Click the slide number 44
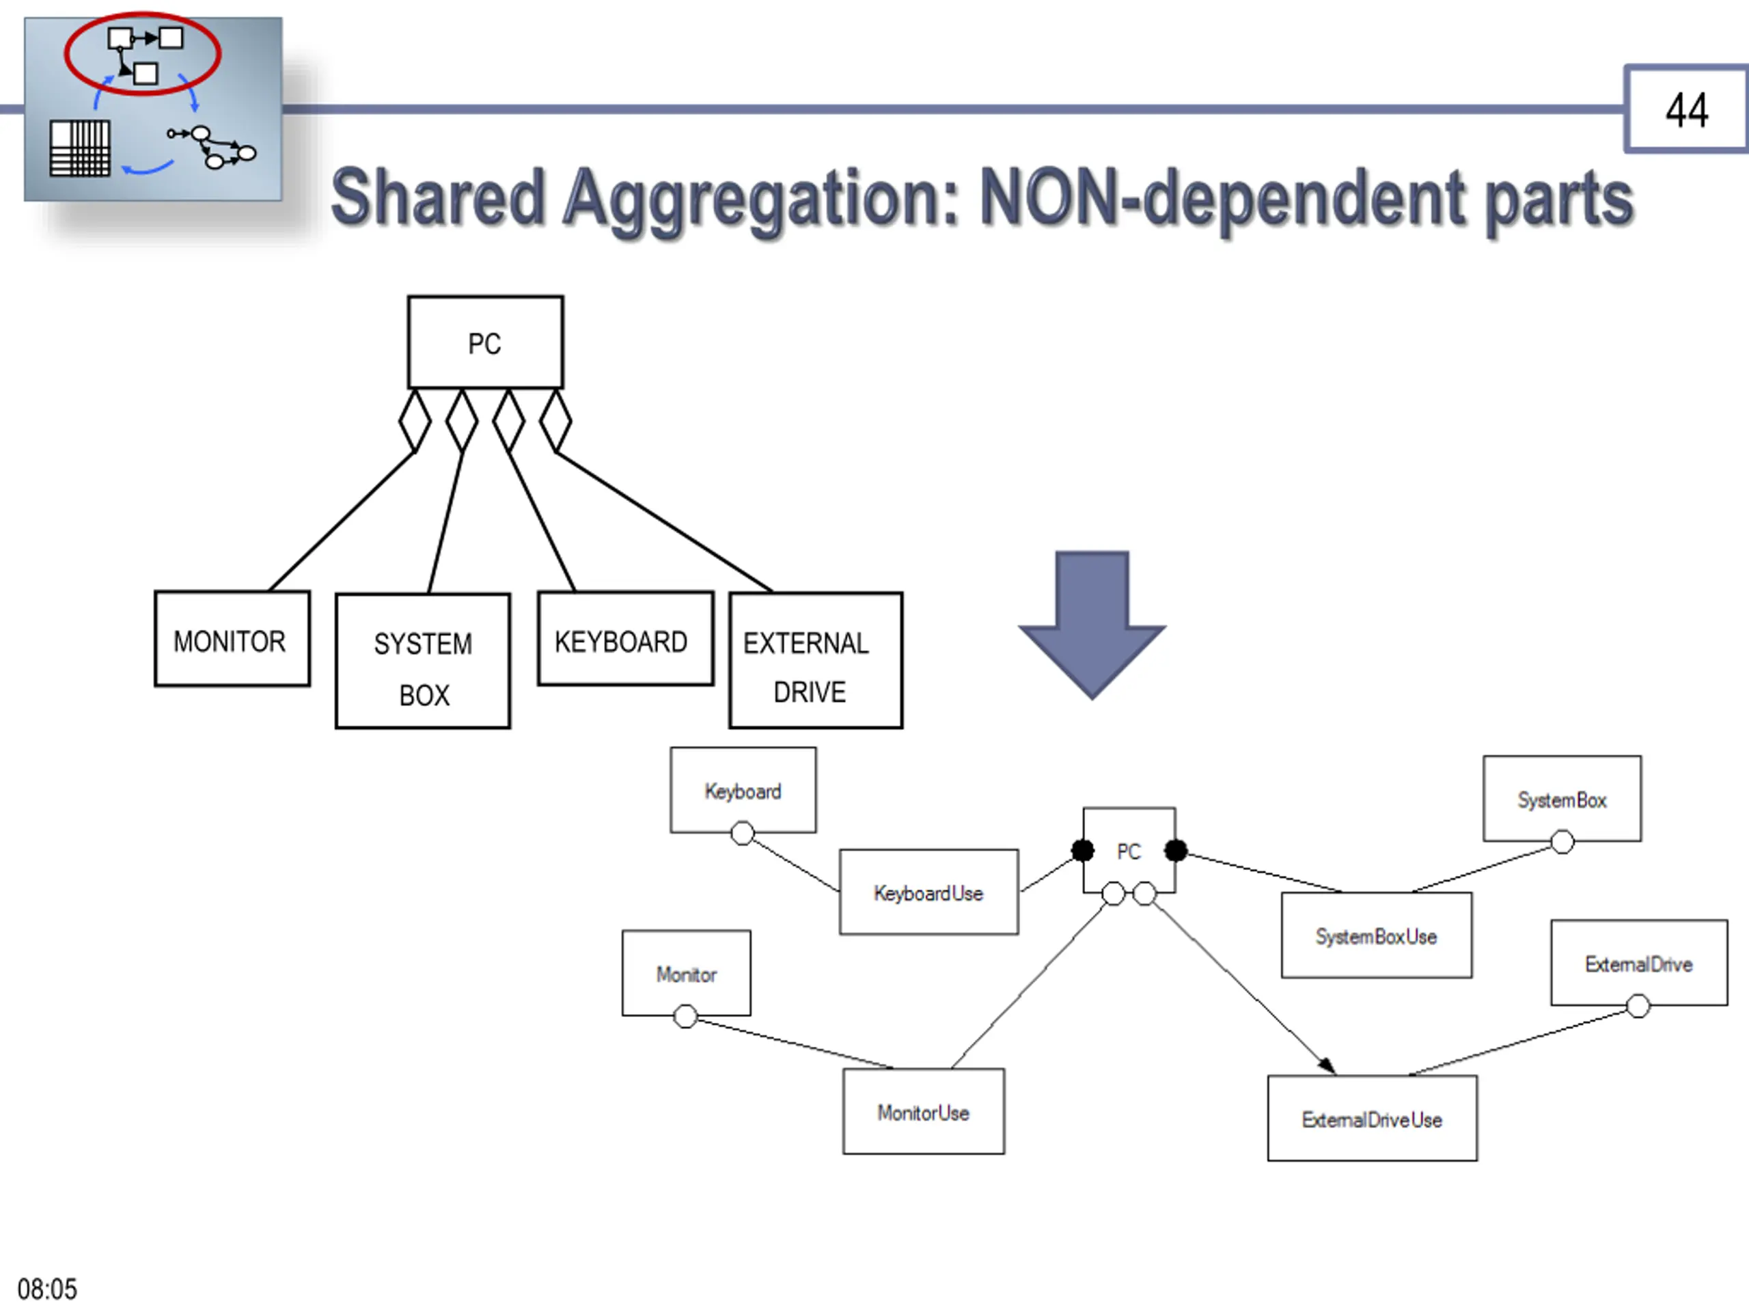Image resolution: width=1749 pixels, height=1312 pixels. coord(1687,110)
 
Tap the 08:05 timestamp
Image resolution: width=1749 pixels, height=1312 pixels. coord(47,1289)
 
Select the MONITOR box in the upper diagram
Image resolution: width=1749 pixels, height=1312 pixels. coord(232,638)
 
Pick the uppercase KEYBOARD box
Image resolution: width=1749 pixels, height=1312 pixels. coord(625,638)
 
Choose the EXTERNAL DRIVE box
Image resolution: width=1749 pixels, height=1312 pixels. coord(815,659)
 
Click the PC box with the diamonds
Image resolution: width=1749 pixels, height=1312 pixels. coord(486,342)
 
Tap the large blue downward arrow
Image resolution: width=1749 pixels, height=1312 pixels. coord(1092,625)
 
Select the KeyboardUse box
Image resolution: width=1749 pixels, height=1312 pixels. coord(929,892)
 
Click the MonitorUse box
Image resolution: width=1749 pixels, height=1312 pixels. coord(924,1111)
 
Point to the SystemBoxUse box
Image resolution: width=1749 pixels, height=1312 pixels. coord(1377,935)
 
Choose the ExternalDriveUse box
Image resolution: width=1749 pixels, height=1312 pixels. coord(1372,1118)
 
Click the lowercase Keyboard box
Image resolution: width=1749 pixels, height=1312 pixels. coord(743,790)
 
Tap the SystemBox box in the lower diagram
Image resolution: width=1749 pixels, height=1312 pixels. coord(1562,799)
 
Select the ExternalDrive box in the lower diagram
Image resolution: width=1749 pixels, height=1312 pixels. coord(1638,962)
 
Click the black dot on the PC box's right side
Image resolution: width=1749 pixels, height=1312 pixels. coord(1176,850)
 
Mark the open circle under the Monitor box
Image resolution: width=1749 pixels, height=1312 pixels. coord(685,1016)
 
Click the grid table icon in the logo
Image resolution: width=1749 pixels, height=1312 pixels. coord(80,149)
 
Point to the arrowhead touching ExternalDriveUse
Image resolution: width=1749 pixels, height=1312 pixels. coord(1327,1066)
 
